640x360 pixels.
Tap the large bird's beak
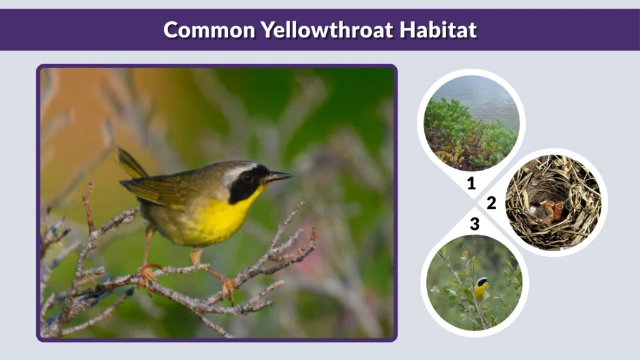point(279,176)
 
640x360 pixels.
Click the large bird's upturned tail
point(131,163)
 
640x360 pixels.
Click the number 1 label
point(471,183)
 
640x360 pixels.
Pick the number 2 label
point(491,203)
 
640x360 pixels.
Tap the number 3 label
point(474,224)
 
